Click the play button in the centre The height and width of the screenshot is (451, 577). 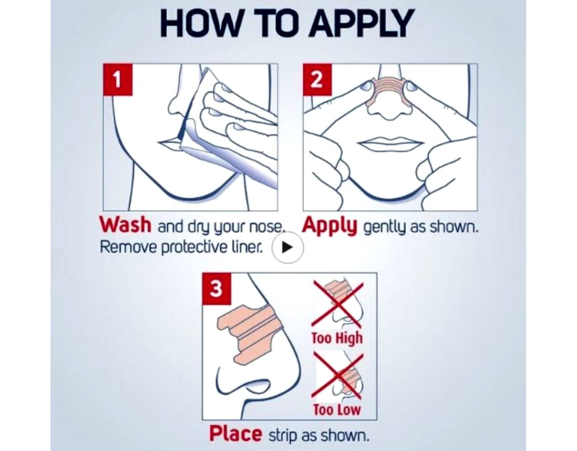click(287, 247)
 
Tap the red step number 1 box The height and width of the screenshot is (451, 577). click(118, 79)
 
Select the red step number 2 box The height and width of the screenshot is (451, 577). click(317, 79)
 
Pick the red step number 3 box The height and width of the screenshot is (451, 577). click(216, 289)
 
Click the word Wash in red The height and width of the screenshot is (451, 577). click(125, 225)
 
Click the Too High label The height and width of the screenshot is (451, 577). click(337, 338)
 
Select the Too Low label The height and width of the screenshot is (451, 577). click(337, 409)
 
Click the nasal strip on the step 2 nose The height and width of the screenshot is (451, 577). click(387, 91)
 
